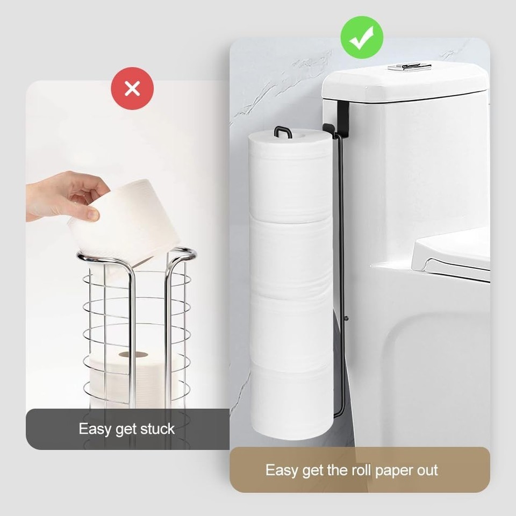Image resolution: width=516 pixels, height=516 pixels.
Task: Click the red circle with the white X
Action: point(132,88)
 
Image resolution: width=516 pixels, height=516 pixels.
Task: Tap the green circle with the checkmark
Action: point(362,37)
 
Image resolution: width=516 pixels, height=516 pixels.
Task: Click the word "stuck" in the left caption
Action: point(157,429)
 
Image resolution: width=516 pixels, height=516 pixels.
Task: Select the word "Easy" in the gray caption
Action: point(94,429)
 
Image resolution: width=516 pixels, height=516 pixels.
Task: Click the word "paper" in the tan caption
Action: point(394,471)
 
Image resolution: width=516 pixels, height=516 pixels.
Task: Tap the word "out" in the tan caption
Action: point(427,470)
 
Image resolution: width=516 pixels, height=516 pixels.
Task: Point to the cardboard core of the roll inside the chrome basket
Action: point(133,354)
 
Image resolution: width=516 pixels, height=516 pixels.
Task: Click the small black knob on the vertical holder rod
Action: point(346,318)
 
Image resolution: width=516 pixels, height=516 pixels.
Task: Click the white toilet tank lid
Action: point(405,82)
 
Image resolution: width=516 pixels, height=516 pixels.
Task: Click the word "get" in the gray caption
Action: point(125,430)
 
